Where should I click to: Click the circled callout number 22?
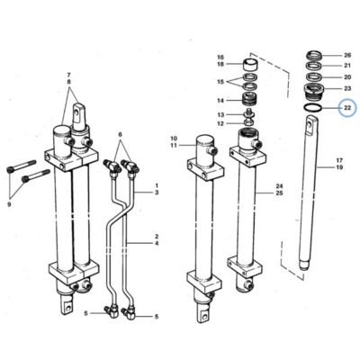tap(347, 108)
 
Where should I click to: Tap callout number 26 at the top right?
tap(347, 55)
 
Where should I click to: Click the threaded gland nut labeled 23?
tap(314, 90)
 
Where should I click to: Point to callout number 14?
tap(220, 101)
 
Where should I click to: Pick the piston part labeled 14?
tap(250, 99)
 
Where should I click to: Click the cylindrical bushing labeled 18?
tap(250, 64)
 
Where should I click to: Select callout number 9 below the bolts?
tap(9, 205)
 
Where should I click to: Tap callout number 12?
tap(220, 123)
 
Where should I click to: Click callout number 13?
tap(220, 115)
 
